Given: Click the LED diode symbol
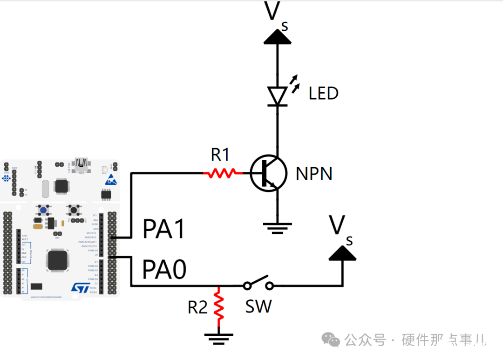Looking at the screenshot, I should (x=278, y=96).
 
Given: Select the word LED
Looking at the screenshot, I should (x=323, y=93).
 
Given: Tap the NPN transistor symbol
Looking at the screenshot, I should (x=268, y=173).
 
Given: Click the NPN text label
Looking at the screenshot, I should (x=314, y=174).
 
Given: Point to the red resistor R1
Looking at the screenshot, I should (x=223, y=173).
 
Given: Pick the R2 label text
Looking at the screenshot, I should (x=197, y=307).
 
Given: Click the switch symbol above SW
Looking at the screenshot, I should (x=258, y=283).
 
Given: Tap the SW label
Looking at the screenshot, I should (x=258, y=306).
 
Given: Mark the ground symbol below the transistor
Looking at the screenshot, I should (x=278, y=228).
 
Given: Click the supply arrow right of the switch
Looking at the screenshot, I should (x=342, y=253).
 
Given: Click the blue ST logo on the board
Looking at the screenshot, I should (x=80, y=287).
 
